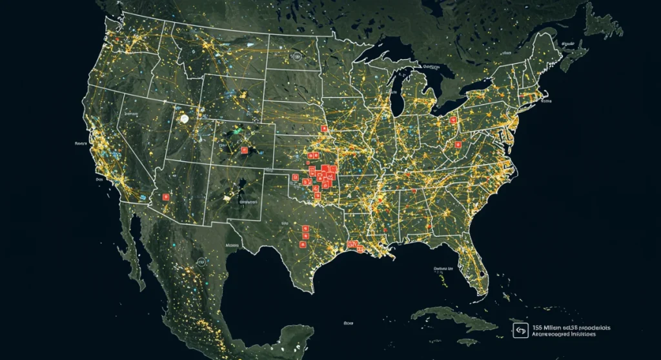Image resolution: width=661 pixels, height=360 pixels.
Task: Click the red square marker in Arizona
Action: point(165,197)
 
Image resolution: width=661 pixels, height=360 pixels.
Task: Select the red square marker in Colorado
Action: point(244,150)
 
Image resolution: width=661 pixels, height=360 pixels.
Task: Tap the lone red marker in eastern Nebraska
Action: point(324,135)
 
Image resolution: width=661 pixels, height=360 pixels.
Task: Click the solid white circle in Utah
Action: point(185,119)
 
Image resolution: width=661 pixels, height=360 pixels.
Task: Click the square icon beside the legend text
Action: point(520,331)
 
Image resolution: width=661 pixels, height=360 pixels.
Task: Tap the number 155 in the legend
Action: point(538,327)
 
